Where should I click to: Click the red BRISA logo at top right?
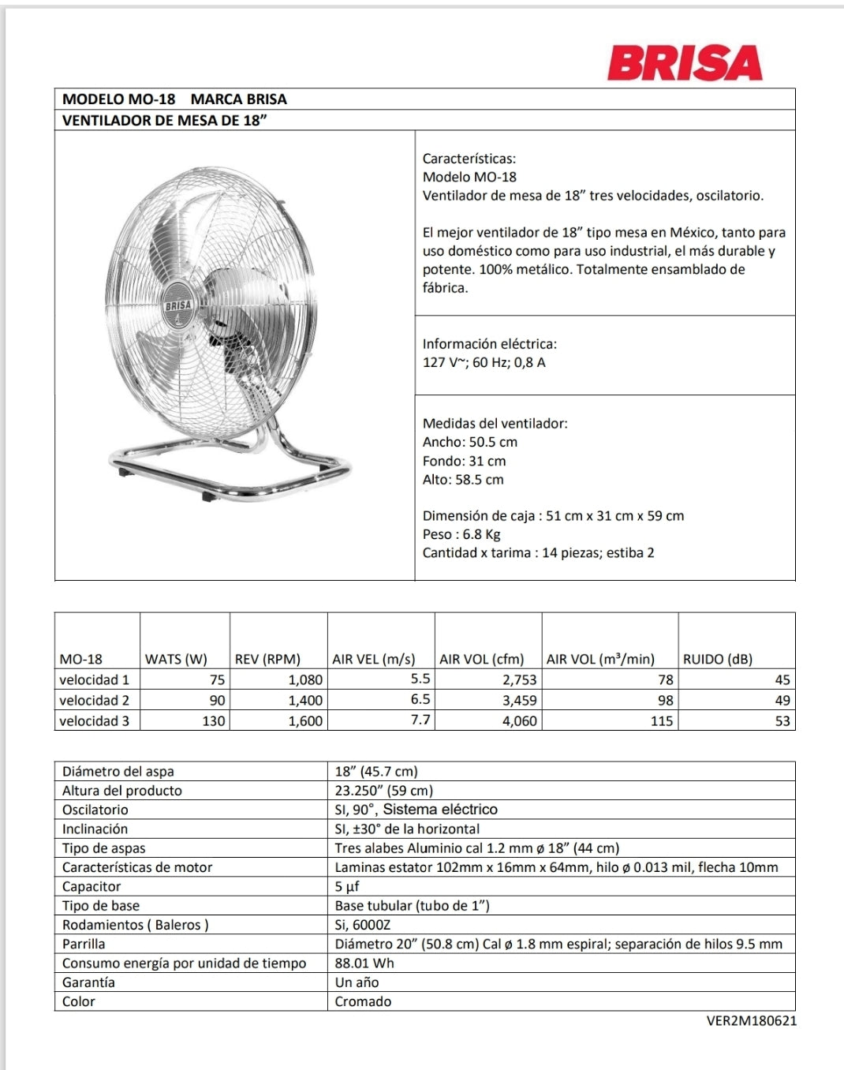(x=684, y=63)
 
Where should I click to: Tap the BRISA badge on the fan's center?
(x=178, y=305)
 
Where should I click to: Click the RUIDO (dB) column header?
(x=717, y=659)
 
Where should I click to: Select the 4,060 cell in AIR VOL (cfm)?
(x=519, y=720)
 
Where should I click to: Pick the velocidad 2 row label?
(x=94, y=700)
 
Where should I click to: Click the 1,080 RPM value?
(x=304, y=679)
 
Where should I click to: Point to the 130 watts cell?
(x=213, y=720)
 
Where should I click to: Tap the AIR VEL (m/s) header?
(x=373, y=659)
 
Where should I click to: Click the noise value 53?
(x=782, y=720)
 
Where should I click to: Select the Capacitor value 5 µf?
(x=347, y=886)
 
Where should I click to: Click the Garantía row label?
(x=88, y=982)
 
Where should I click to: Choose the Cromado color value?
(x=363, y=1001)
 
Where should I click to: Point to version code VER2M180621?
(x=751, y=1020)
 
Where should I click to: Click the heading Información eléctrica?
(x=489, y=343)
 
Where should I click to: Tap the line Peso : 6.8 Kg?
(x=461, y=534)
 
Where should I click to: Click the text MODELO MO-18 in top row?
(x=118, y=99)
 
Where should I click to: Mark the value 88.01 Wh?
(x=364, y=963)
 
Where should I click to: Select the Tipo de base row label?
(x=100, y=905)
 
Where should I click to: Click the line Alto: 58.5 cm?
(x=462, y=479)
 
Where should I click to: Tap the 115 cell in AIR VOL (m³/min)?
(x=661, y=720)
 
